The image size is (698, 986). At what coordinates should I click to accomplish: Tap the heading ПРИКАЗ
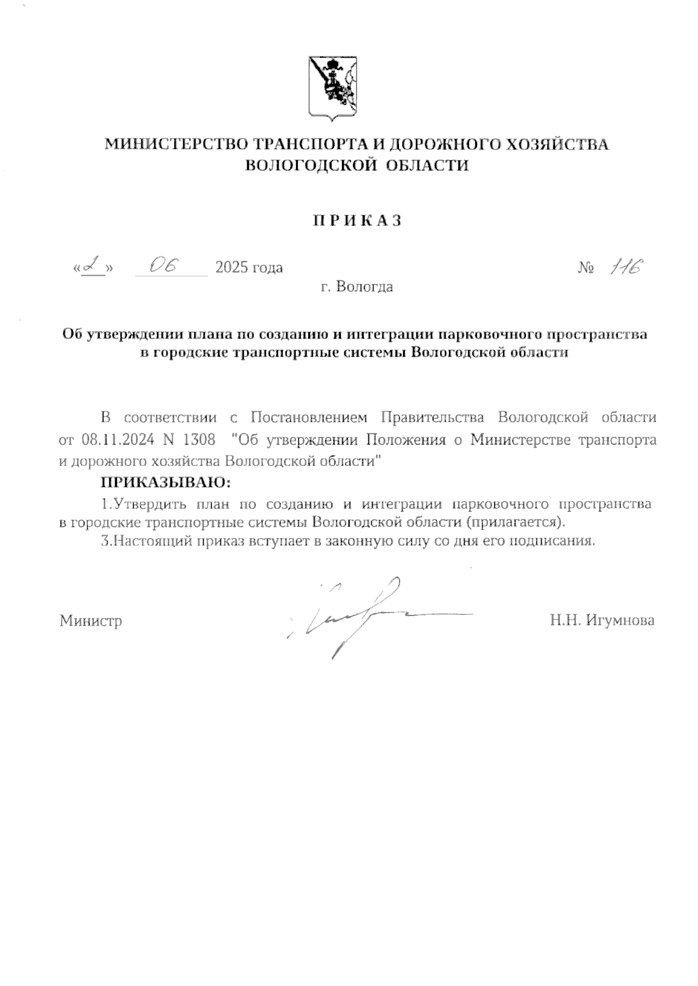tap(358, 221)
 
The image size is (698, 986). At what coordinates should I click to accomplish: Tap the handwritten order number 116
tap(626, 266)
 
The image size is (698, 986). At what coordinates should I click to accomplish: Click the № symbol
tap(586, 268)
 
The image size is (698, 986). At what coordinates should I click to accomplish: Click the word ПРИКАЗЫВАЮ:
tap(166, 483)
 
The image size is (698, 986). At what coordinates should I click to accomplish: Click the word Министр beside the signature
tap(91, 621)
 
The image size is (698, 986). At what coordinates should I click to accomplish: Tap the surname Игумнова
tap(620, 621)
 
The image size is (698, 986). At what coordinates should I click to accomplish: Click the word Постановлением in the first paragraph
tap(310, 418)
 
